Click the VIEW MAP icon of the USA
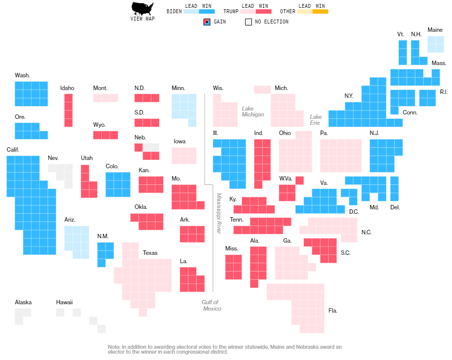click(142, 8)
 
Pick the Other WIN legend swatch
click(320, 11)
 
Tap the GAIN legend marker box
click(206, 22)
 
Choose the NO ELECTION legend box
click(249, 22)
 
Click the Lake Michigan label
click(252, 111)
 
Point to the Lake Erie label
click(316, 120)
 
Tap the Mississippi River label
click(219, 213)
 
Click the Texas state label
click(150, 253)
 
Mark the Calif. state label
click(13, 149)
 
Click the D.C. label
click(354, 211)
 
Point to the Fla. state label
click(333, 311)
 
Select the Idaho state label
click(67, 88)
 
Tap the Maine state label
click(435, 30)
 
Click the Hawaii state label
click(65, 302)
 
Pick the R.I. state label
click(444, 92)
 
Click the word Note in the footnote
click(114, 347)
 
